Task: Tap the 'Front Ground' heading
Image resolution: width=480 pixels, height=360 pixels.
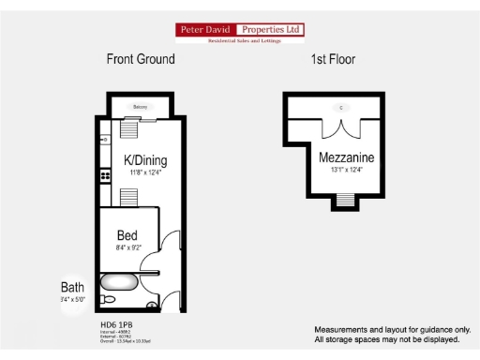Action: coord(141,59)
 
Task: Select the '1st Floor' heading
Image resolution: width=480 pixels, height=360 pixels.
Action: coord(333,59)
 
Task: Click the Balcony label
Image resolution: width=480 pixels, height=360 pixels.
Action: coord(142,107)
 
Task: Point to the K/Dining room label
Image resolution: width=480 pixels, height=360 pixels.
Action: coord(145,160)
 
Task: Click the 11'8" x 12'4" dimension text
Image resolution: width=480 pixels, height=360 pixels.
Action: coord(144,172)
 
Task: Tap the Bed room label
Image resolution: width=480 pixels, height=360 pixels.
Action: coord(128,234)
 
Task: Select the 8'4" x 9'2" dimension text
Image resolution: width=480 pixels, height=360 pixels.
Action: coord(129,247)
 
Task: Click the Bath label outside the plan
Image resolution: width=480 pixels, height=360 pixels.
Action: coord(72,287)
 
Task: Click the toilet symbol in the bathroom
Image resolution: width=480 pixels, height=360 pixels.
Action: coord(108,299)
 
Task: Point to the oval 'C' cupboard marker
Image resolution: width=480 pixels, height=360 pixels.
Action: coord(341,108)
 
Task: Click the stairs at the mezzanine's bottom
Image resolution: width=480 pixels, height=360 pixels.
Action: coord(345,200)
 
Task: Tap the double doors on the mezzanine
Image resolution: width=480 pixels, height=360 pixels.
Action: coord(341,131)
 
